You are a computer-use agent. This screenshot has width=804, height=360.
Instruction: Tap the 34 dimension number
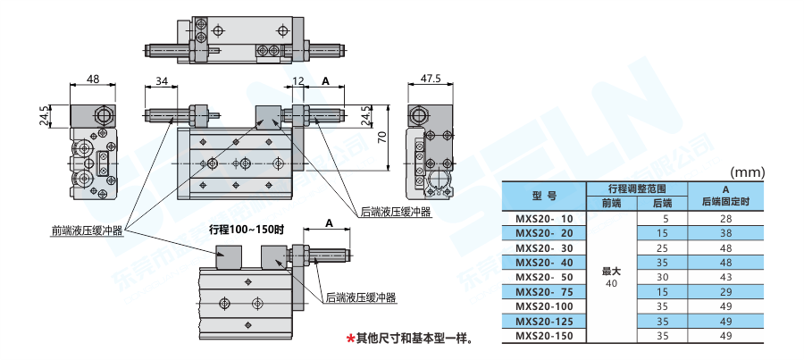[161, 80]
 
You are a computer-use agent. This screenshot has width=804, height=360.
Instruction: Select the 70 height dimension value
[381, 136]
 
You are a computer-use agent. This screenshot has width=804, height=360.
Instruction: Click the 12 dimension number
[297, 80]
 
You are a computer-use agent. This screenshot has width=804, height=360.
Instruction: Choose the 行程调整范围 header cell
[636, 188]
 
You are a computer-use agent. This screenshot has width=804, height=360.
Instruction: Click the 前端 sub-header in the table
[611, 203]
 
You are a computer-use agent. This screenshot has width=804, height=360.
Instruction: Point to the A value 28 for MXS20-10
[725, 218]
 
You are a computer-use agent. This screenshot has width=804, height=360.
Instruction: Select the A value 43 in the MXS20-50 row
[725, 277]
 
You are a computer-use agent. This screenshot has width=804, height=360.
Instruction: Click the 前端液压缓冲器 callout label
[87, 232]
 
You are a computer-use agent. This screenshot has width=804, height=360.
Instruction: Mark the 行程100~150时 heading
[246, 230]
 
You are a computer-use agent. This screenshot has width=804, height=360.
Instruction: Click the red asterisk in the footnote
[350, 339]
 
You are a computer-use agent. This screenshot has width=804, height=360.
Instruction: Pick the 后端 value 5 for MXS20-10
[662, 218]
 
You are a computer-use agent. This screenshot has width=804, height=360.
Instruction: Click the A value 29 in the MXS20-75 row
[725, 292]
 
